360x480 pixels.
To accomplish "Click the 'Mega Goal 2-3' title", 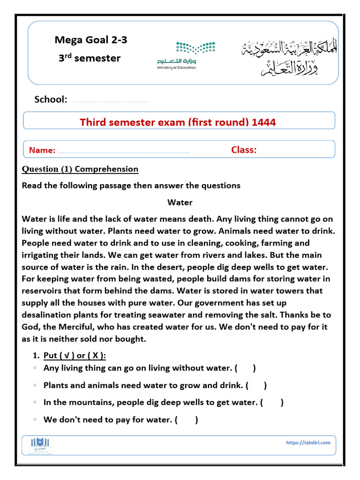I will coord(90,40).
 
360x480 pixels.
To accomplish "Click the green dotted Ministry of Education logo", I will coord(195,48).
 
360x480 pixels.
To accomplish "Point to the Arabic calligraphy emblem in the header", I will coord(289,57).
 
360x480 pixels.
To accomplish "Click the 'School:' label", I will coord(51,99).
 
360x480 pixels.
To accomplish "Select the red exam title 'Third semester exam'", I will coord(178,122).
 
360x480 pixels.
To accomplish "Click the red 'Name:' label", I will coord(42,150).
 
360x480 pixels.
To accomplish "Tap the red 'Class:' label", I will coord(244,150).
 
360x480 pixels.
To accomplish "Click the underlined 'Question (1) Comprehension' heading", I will coord(80,169).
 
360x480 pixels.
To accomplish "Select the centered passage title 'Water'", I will coord(180,202).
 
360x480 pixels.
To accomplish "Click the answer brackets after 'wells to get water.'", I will coord(272,403).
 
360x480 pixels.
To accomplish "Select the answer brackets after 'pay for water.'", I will coord(186,420).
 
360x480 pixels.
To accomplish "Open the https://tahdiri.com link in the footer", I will coord(307,442).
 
